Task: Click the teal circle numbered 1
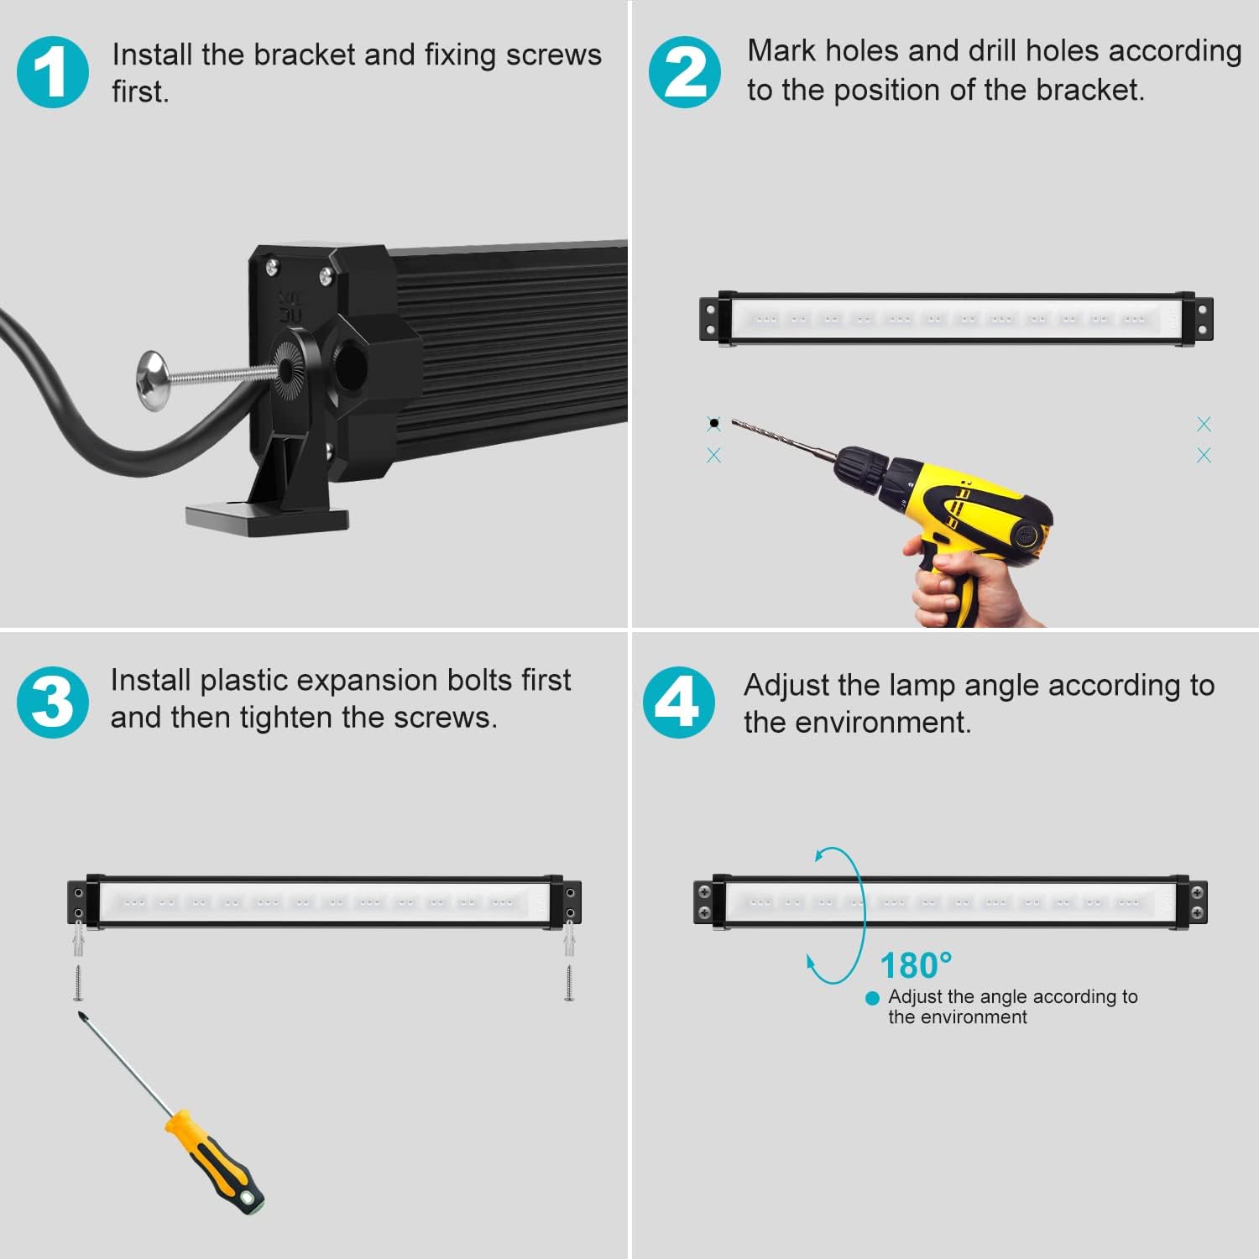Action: click(x=52, y=72)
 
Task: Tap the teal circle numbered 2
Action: click(x=684, y=72)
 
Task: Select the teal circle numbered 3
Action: click(x=52, y=702)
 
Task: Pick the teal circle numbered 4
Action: click(x=679, y=702)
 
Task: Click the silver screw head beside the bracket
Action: click(x=153, y=379)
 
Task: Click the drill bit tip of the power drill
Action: click(x=733, y=422)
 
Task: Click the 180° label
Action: click(x=916, y=966)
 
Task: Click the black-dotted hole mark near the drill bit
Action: click(x=713, y=423)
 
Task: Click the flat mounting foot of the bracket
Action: click(x=267, y=517)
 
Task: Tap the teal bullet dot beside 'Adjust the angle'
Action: click(x=872, y=998)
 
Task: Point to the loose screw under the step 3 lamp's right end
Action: click(x=569, y=983)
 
